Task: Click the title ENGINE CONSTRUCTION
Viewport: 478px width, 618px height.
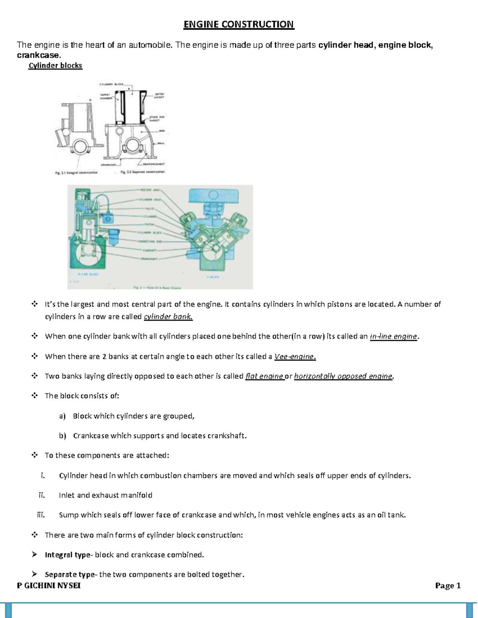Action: [x=239, y=25]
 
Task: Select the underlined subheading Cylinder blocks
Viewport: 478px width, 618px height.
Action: [x=55, y=66]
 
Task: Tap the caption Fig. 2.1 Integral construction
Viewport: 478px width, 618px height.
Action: [x=76, y=173]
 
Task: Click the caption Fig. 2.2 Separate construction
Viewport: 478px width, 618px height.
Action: [x=142, y=172]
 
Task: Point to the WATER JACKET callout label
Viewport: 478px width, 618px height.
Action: [x=159, y=96]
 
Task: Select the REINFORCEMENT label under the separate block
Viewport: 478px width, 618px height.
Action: [x=154, y=164]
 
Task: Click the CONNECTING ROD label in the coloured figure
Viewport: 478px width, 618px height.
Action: [x=150, y=242]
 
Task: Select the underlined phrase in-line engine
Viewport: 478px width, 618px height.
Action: [x=394, y=336]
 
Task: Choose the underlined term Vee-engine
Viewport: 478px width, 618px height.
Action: [x=295, y=357]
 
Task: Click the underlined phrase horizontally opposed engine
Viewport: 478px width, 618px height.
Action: [x=343, y=376]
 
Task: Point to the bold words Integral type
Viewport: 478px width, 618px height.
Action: [x=68, y=555]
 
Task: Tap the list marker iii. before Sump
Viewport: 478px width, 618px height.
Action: [x=41, y=515]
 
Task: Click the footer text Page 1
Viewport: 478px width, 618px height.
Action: [x=448, y=585]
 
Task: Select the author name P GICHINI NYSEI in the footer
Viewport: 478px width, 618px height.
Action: [x=49, y=585]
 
